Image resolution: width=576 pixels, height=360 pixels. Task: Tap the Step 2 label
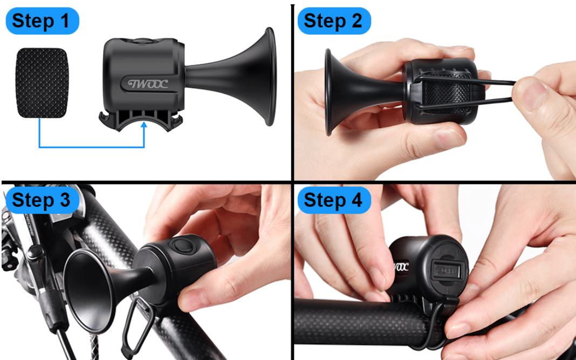coord(334,21)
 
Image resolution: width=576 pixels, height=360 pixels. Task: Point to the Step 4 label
coord(334,200)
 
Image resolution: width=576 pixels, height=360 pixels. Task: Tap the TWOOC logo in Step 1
coord(148,84)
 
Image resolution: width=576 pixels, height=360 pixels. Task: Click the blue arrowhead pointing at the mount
coord(144,125)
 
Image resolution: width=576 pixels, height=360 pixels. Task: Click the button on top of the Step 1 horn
coord(143,40)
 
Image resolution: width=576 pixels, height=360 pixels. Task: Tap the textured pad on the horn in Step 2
coord(447,92)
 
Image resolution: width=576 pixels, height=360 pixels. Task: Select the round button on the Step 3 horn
coord(183,246)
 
